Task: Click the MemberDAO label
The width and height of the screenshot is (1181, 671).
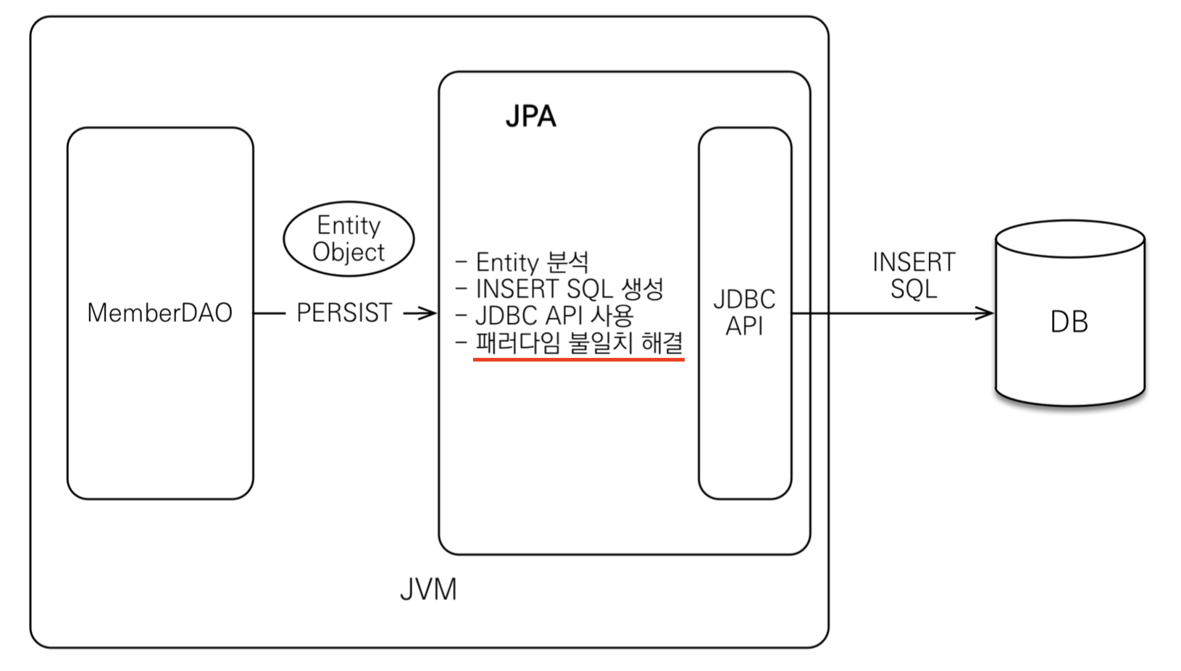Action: click(x=159, y=313)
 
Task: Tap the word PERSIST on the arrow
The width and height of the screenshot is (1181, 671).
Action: click(x=344, y=313)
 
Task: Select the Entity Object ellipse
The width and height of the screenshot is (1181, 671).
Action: click(x=349, y=239)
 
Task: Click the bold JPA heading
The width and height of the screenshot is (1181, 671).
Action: click(x=530, y=117)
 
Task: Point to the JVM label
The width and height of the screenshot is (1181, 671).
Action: click(x=428, y=590)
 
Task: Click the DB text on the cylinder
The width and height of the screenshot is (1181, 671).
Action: click(x=1069, y=322)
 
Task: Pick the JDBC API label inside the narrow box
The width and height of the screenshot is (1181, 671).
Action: click(x=744, y=313)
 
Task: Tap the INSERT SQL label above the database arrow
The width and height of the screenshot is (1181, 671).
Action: click(x=914, y=275)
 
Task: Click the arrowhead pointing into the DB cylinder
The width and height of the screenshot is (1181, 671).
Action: click(x=985, y=314)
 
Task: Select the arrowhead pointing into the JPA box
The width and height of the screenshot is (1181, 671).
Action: click(x=428, y=313)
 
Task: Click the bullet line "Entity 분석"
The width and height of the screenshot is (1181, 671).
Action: click(x=531, y=262)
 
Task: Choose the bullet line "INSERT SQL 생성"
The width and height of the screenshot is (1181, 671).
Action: click(x=569, y=288)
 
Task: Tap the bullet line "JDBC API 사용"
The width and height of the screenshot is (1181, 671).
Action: click(x=554, y=315)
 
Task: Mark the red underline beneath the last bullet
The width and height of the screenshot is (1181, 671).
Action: click(x=578, y=358)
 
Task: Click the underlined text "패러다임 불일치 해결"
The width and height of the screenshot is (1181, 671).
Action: click(x=578, y=342)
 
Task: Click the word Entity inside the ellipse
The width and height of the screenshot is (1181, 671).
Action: click(x=349, y=225)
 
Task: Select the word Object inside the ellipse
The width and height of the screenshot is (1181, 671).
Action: click(x=349, y=252)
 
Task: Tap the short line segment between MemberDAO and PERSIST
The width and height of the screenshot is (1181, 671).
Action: click(x=270, y=314)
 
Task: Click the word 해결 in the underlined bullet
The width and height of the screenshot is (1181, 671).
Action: click(x=662, y=342)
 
